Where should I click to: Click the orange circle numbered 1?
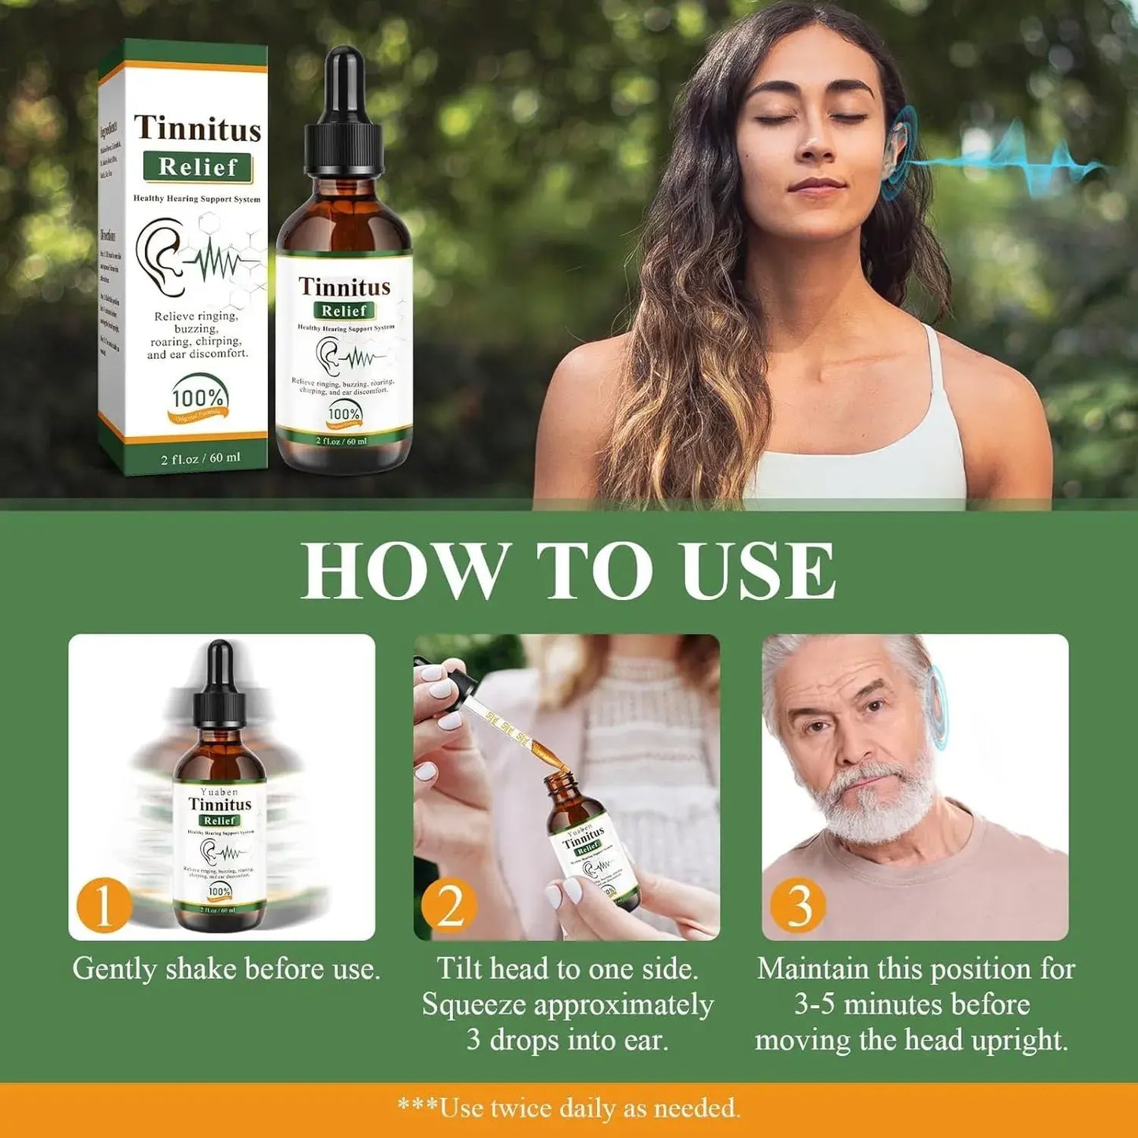pyautogui.click(x=103, y=906)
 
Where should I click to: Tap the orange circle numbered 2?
pyautogui.click(x=450, y=906)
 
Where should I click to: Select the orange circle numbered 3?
pyautogui.click(x=798, y=906)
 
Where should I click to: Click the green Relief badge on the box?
pyautogui.click(x=198, y=167)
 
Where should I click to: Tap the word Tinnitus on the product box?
pyautogui.click(x=197, y=128)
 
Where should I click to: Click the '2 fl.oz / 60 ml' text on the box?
pyautogui.click(x=201, y=458)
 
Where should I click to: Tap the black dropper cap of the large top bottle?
pyautogui.click(x=343, y=118)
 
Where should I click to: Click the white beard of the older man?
pyautogui.click(x=874, y=803)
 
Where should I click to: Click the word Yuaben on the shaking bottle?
pyautogui.click(x=219, y=791)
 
